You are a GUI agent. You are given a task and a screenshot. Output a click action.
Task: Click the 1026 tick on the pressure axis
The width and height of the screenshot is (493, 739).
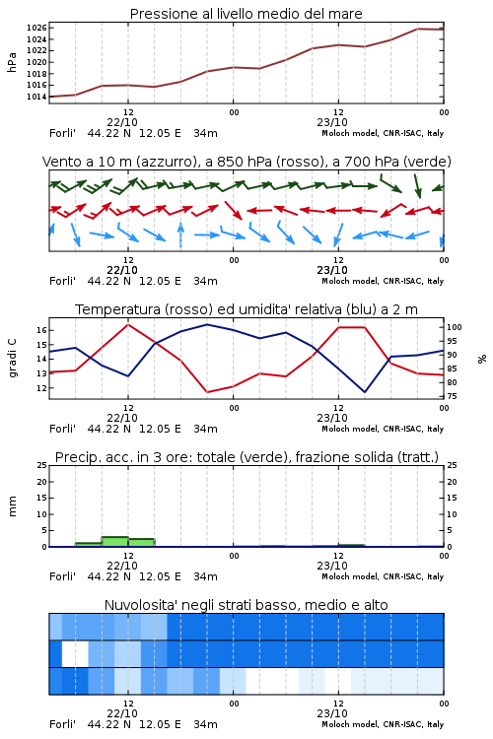point(36,28)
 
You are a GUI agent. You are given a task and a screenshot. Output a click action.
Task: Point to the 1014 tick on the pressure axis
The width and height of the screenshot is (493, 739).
point(36,97)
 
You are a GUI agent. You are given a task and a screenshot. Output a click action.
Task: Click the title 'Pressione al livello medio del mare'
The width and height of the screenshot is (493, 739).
point(246,14)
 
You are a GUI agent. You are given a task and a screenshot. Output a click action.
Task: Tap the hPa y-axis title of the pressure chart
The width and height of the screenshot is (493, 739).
point(12,62)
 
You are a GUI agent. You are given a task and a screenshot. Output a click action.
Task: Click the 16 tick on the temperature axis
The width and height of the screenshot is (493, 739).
point(42,330)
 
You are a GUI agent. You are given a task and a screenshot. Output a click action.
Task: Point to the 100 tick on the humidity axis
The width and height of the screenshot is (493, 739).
point(455,327)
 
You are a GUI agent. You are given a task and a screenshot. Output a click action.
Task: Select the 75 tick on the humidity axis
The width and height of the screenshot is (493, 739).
point(452,396)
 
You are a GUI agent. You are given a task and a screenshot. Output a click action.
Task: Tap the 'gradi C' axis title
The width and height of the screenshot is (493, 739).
point(13,359)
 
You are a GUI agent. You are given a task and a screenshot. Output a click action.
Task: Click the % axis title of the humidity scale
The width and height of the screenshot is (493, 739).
point(482,359)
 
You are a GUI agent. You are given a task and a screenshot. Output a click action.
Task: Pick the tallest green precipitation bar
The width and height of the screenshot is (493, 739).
point(115,542)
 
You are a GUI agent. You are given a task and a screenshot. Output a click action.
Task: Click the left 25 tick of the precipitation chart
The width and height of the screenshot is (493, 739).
point(42,465)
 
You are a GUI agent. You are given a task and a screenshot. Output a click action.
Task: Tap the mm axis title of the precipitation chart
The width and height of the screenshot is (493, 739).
point(12,506)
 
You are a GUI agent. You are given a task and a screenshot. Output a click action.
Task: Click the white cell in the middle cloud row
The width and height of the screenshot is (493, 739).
point(75,653)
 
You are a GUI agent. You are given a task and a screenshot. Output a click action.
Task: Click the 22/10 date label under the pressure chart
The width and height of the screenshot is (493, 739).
point(122,122)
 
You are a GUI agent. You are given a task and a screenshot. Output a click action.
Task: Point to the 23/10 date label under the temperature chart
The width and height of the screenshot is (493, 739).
point(332,418)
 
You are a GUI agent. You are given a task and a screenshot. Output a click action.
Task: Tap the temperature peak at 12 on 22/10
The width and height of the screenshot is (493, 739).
point(128,324)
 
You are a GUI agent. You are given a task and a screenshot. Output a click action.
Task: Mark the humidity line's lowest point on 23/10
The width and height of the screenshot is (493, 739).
point(365,392)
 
